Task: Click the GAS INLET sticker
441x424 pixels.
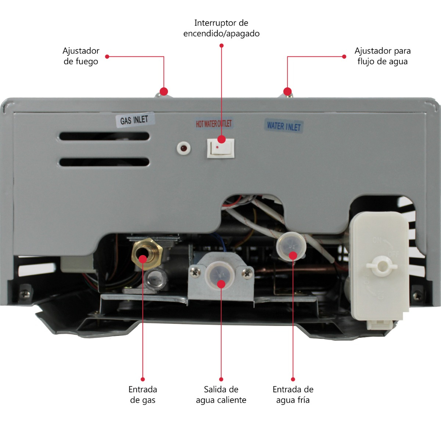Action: click(x=134, y=120)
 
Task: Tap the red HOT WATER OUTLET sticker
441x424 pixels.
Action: click(x=214, y=124)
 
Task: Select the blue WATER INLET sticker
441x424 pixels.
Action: click(x=284, y=126)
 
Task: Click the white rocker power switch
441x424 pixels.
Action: click(x=220, y=148)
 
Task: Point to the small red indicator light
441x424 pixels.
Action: click(x=183, y=148)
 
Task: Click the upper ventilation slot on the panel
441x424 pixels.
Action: click(x=104, y=136)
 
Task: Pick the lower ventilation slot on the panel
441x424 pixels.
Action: click(x=104, y=162)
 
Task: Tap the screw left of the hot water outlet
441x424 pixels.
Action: click(x=195, y=272)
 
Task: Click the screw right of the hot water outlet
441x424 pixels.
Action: click(x=247, y=273)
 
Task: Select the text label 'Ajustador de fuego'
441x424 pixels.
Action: click(x=81, y=56)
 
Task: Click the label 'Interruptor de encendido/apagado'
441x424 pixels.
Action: click(x=221, y=28)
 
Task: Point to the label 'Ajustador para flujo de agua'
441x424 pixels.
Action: click(x=382, y=56)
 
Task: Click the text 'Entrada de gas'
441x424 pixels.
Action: click(x=143, y=395)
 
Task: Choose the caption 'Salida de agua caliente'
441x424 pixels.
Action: click(x=221, y=395)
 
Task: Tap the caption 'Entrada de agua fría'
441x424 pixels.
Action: click(x=293, y=395)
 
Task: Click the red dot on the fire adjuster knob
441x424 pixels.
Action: click(x=164, y=91)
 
